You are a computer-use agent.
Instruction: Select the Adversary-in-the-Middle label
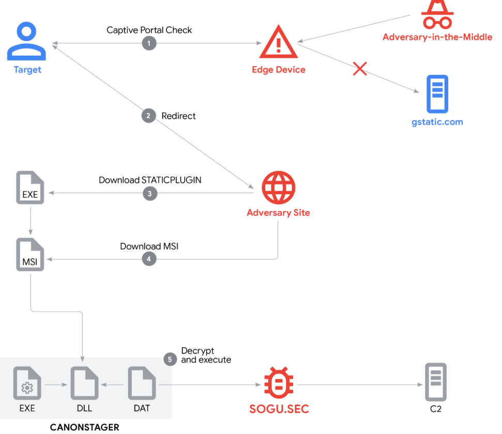(x=437, y=37)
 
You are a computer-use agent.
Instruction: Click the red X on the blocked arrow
(x=360, y=69)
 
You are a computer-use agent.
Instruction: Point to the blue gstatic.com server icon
(x=437, y=94)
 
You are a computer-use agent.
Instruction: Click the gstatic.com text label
(x=437, y=122)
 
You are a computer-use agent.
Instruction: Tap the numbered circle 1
(x=149, y=43)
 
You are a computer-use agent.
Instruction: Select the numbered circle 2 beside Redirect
(x=149, y=116)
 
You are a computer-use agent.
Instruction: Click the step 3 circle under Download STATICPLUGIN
(x=150, y=193)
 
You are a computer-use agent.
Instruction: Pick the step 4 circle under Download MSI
(x=149, y=259)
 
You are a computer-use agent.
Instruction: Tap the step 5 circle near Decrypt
(x=170, y=360)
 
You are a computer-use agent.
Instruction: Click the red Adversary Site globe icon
(x=278, y=188)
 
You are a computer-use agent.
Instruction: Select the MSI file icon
(x=30, y=255)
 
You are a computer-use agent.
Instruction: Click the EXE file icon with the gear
(x=27, y=383)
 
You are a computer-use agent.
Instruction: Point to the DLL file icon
(x=85, y=383)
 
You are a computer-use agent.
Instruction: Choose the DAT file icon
(x=142, y=383)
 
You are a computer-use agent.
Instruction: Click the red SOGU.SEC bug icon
(x=279, y=383)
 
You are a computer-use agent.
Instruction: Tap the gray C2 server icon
(x=436, y=382)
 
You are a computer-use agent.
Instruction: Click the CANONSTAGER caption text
(x=85, y=427)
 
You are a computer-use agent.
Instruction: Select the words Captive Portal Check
(x=149, y=30)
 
